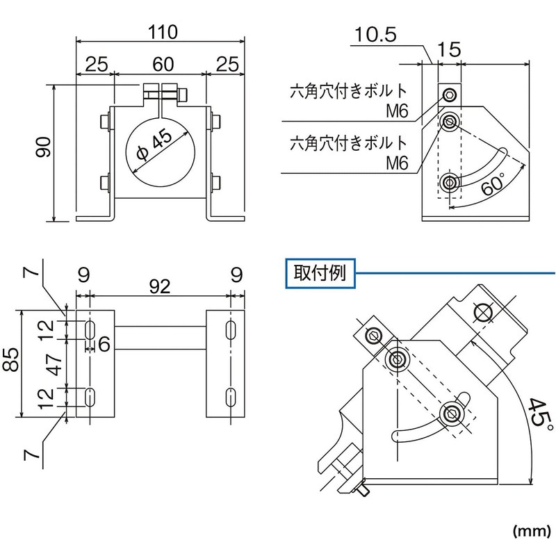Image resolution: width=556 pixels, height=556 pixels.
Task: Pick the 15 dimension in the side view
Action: pyautogui.click(x=450, y=50)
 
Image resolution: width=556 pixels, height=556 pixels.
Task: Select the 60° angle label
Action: pyautogui.click(x=492, y=184)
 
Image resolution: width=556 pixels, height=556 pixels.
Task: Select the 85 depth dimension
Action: pyautogui.click(x=13, y=364)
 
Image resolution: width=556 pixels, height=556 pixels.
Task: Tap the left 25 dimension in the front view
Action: pyautogui.click(x=97, y=64)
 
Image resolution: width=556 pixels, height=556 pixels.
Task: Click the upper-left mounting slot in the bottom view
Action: pyautogui.click(x=90, y=330)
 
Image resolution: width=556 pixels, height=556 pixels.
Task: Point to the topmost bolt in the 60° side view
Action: pyautogui.click(x=450, y=95)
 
